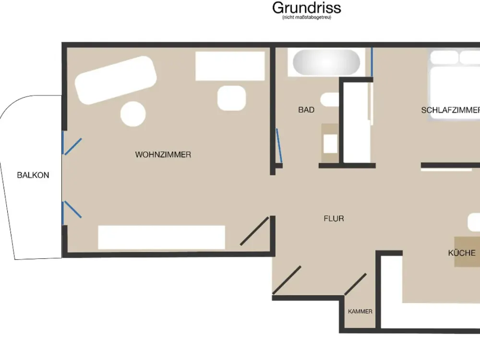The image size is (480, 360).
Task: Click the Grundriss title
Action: coord(306,8)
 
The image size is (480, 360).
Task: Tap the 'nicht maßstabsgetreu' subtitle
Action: coord(306,17)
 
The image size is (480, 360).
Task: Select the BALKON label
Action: coord(33,175)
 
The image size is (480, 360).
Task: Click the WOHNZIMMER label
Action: coord(163,155)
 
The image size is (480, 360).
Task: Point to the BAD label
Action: coord(306,110)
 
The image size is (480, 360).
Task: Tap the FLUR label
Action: coord(334,218)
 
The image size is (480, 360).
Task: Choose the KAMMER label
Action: coord(360,312)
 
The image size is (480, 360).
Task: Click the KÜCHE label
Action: coord(462,253)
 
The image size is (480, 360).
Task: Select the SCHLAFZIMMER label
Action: coord(451,110)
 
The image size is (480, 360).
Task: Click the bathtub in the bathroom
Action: coord(326,62)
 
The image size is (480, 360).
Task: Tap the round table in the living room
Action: coord(133,114)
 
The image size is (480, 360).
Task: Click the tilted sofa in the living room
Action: coord(116,80)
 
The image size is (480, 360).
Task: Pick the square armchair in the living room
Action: coord(232,98)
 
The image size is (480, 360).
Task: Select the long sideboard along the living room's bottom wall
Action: coord(161,237)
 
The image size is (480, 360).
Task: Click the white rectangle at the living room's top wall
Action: coord(230,66)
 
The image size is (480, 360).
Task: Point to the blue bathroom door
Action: coord(279,146)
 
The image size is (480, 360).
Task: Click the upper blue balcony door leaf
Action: coord(73,146)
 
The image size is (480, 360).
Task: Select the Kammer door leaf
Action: coord(355,284)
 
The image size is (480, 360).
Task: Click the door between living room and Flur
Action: coord(254,231)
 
